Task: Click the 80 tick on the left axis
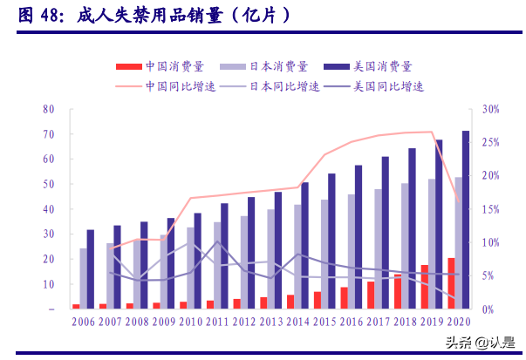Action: [49, 110]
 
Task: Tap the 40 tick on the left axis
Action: [49, 209]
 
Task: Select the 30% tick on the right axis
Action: [490, 110]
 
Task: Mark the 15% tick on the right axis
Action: [490, 209]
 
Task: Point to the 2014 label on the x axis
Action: [299, 322]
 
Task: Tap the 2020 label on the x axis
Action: [458, 322]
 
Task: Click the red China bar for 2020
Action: [450, 283]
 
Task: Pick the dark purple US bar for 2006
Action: [91, 269]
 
